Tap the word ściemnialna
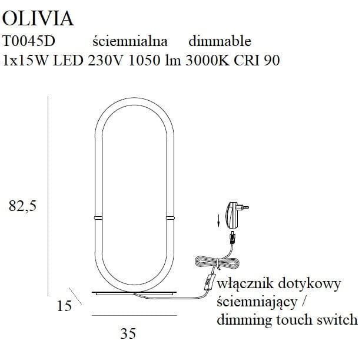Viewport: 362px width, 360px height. coord(131,41)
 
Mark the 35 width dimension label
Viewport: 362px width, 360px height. coord(128,334)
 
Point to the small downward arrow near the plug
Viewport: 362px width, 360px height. coord(218,221)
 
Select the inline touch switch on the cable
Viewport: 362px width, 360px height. coord(207,284)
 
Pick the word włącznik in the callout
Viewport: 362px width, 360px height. coord(243,285)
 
